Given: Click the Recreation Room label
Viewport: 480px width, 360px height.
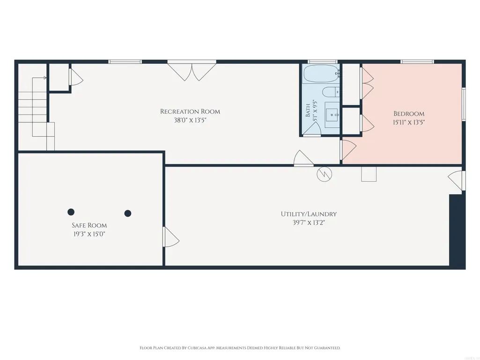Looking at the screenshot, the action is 190,111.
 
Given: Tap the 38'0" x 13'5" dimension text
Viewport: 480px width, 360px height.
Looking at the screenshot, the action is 190,120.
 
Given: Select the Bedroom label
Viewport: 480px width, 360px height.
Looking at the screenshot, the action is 409,114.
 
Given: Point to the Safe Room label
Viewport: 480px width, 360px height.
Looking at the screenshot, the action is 89,225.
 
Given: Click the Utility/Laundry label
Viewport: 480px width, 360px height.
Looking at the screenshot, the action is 309,214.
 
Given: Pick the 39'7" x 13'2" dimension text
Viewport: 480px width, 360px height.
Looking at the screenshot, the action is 309,222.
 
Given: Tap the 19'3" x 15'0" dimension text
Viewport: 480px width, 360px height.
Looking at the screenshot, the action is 89,234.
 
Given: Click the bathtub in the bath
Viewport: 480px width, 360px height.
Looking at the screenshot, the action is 321,73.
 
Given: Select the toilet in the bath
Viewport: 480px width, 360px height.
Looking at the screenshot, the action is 331,92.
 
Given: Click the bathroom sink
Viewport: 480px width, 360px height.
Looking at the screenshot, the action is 332,115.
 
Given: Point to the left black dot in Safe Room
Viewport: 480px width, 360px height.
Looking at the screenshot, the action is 71,212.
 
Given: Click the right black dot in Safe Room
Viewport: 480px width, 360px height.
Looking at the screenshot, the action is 128,213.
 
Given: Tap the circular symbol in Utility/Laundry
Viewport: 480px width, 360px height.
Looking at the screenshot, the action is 324,174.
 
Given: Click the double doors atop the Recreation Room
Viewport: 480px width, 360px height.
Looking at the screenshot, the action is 192,72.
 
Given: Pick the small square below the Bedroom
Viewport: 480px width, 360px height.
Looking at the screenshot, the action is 369,174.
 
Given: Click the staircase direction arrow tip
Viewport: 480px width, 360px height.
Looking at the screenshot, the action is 46,78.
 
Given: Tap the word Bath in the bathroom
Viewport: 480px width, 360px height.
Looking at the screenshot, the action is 308,110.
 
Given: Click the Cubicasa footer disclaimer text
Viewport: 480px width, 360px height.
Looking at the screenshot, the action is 240,348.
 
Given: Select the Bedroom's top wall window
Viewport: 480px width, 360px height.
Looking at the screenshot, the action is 418,62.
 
